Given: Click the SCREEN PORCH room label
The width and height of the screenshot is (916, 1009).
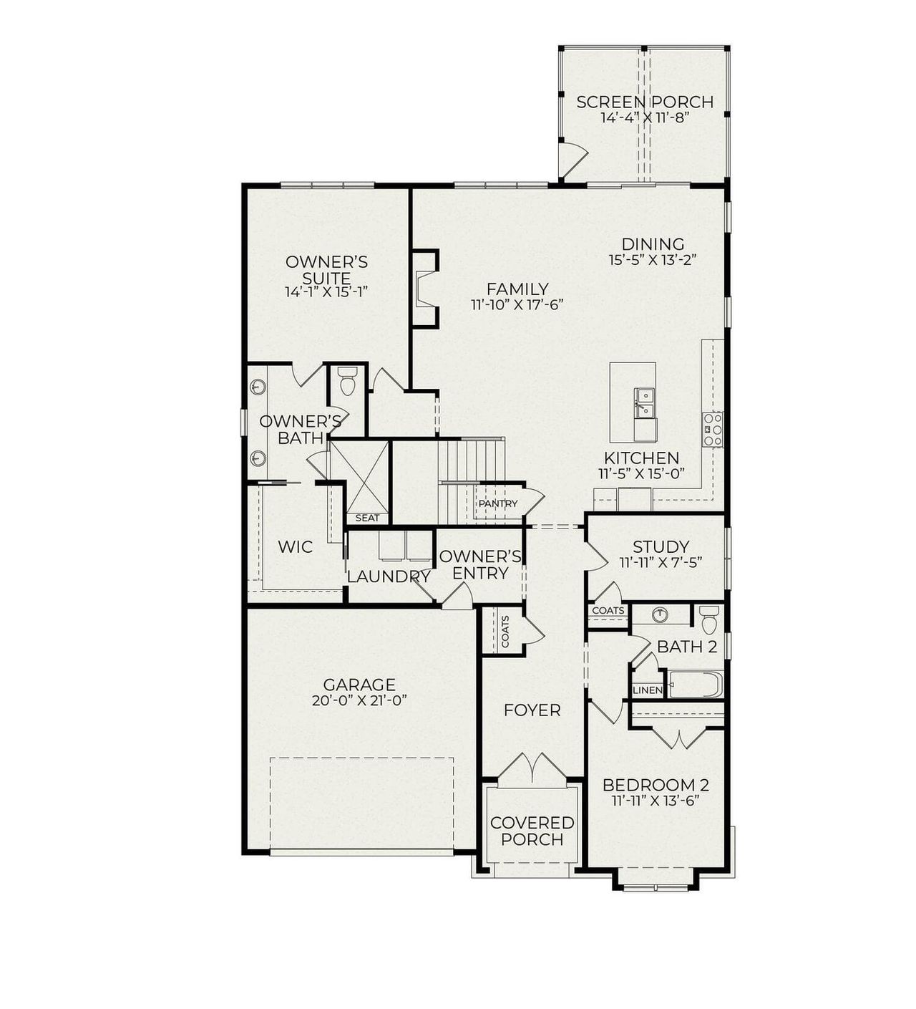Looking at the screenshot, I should tap(645, 102).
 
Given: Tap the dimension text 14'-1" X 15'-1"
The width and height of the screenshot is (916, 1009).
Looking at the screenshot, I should tap(326, 292).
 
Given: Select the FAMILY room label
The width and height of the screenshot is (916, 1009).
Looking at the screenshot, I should tap(517, 289).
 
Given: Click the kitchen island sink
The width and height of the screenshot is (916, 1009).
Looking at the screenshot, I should tap(645, 402).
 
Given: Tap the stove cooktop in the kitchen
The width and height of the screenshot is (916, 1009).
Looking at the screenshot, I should tap(713, 430).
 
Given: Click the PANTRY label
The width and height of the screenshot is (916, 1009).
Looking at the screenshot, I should tap(498, 503).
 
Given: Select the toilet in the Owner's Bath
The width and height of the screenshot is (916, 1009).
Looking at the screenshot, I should tap(348, 382).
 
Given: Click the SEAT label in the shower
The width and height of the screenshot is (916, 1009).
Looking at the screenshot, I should tap(367, 518).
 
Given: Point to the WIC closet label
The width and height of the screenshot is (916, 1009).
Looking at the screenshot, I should tap(295, 547).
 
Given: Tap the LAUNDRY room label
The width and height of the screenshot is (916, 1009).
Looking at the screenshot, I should tap(389, 576).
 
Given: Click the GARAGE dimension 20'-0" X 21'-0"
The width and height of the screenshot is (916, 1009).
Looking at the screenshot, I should tap(359, 701).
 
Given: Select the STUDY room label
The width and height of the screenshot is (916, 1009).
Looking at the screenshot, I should tap(661, 547).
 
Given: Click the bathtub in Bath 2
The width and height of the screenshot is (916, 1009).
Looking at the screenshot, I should tap(696, 685).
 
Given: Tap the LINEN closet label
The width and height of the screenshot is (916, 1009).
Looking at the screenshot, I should tap(647, 690).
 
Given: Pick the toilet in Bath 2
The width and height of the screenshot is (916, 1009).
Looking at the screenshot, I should tap(708, 619).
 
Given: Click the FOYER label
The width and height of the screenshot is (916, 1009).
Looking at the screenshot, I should tap(532, 710).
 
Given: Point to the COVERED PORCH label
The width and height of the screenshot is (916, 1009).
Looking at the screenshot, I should tap(532, 831).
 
